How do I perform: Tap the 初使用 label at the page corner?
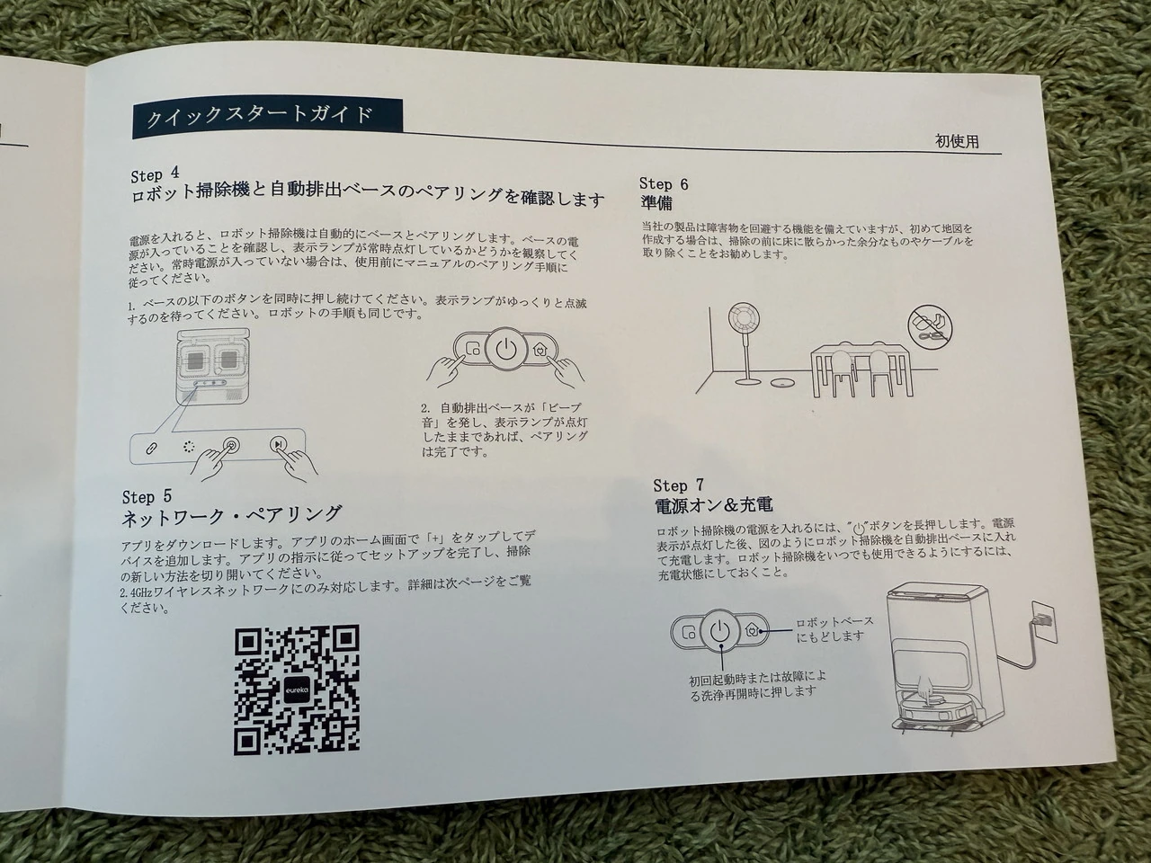click(957, 141)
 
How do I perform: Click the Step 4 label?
click(155, 174)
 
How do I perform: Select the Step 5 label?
click(147, 496)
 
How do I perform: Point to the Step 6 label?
click(664, 184)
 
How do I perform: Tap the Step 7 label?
click(679, 485)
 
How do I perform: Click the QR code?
click(297, 690)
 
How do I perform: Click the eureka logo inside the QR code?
click(297, 691)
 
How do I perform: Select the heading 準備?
click(656, 203)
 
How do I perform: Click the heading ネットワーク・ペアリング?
click(231, 515)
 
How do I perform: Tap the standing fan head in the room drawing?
click(744, 322)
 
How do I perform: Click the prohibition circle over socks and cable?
click(930, 328)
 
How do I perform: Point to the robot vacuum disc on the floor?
click(781, 383)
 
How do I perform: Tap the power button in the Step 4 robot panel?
click(506, 349)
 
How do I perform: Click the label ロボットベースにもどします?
click(834, 628)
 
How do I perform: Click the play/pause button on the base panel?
click(278, 444)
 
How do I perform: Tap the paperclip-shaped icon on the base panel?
click(151, 449)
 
